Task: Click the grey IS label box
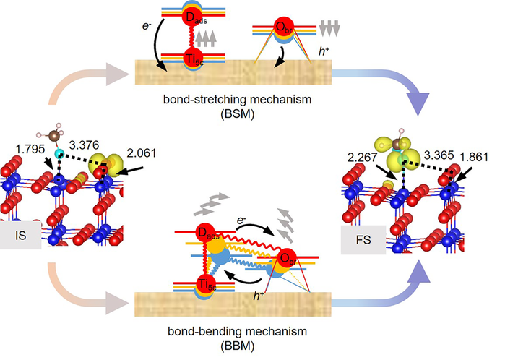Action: pos(20,235)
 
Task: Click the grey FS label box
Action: pos(363,240)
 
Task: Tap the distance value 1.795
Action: pos(30,149)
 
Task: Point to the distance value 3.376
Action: pos(84,145)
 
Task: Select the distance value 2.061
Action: pos(142,153)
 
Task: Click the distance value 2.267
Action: pos(362,158)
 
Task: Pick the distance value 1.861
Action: pos(473,157)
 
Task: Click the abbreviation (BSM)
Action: pos(238,114)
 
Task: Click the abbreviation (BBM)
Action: pos(238,346)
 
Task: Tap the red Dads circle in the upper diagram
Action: pos(193,17)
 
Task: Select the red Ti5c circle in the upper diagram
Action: pos(193,58)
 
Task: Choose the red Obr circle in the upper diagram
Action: pos(284,27)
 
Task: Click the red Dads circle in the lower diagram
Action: pos(206,232)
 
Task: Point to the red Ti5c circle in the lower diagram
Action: pos(206,284)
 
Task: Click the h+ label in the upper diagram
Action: pos(324,51)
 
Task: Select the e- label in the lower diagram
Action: pos(241,220)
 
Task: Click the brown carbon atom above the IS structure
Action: pos(54,136)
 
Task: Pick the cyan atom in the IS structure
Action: pos(59,154)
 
